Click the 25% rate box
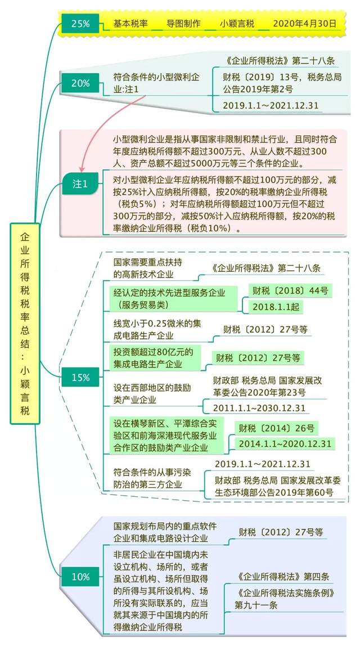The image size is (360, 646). point(80,24)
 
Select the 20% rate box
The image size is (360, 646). point(80,83)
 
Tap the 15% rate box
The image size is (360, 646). point(80,377)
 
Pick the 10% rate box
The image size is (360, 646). point(80,577)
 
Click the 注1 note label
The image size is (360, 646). point(80,184)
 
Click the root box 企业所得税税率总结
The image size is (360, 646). point(25,324)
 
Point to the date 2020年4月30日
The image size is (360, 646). point(304,24)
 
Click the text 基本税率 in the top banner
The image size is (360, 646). point(130,24)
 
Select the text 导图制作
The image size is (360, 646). point(184,24)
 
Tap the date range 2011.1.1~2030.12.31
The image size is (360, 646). point(259,408)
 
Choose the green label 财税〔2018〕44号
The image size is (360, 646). point(290,291)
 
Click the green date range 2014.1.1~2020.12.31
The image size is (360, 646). point(285,444)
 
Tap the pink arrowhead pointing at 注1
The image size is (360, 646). point(82,167)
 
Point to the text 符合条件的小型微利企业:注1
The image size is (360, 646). point(156,83)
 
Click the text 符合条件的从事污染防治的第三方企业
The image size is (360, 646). point(152,478)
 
